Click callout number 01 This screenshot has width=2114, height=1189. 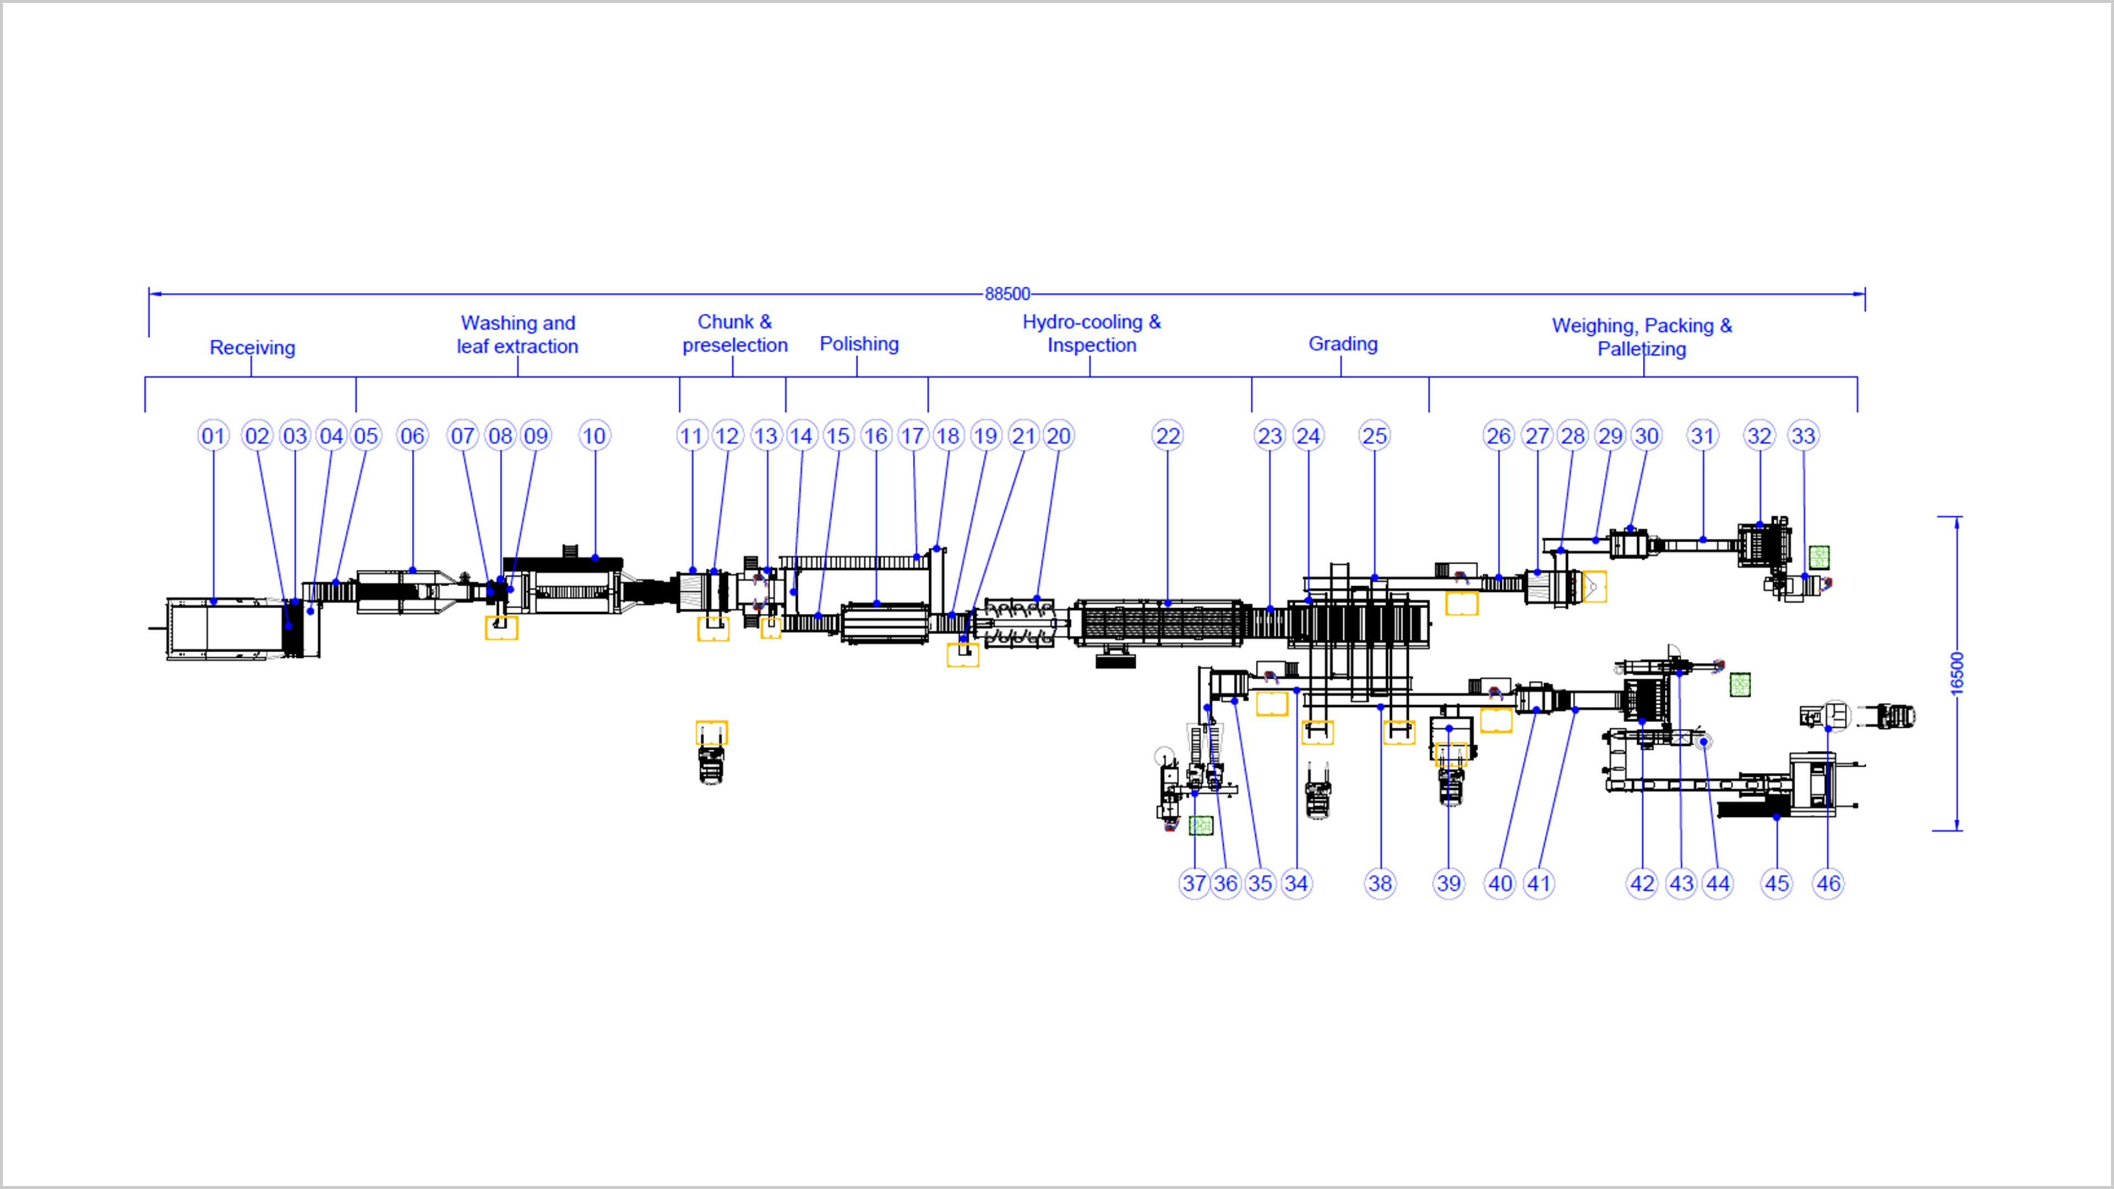coord(214,436)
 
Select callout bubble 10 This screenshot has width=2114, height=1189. coord(594,436)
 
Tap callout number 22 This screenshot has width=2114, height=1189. coord(1168,436)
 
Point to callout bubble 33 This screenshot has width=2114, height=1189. coord(1803,436)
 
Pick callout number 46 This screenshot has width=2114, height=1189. coord(1828,883)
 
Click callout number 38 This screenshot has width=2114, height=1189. coord(1380,883)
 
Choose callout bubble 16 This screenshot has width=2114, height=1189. coord(876,436)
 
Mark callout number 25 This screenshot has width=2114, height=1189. coord(1375,436)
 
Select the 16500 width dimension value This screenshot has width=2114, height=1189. coord(1957,673)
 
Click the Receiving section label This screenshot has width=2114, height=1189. coord(252,347)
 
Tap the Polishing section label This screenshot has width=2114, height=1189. coord(859,344)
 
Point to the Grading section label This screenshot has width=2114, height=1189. coord(1343,344)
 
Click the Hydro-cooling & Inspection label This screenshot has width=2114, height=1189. coord(1092,333)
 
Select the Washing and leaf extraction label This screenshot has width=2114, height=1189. coord(518,335)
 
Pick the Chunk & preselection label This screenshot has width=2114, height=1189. coord(734,333)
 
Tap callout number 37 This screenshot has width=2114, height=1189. coord(1194,883)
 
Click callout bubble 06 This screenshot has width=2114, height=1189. coord(412,436)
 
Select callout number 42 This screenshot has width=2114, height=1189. coord(1642,883)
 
